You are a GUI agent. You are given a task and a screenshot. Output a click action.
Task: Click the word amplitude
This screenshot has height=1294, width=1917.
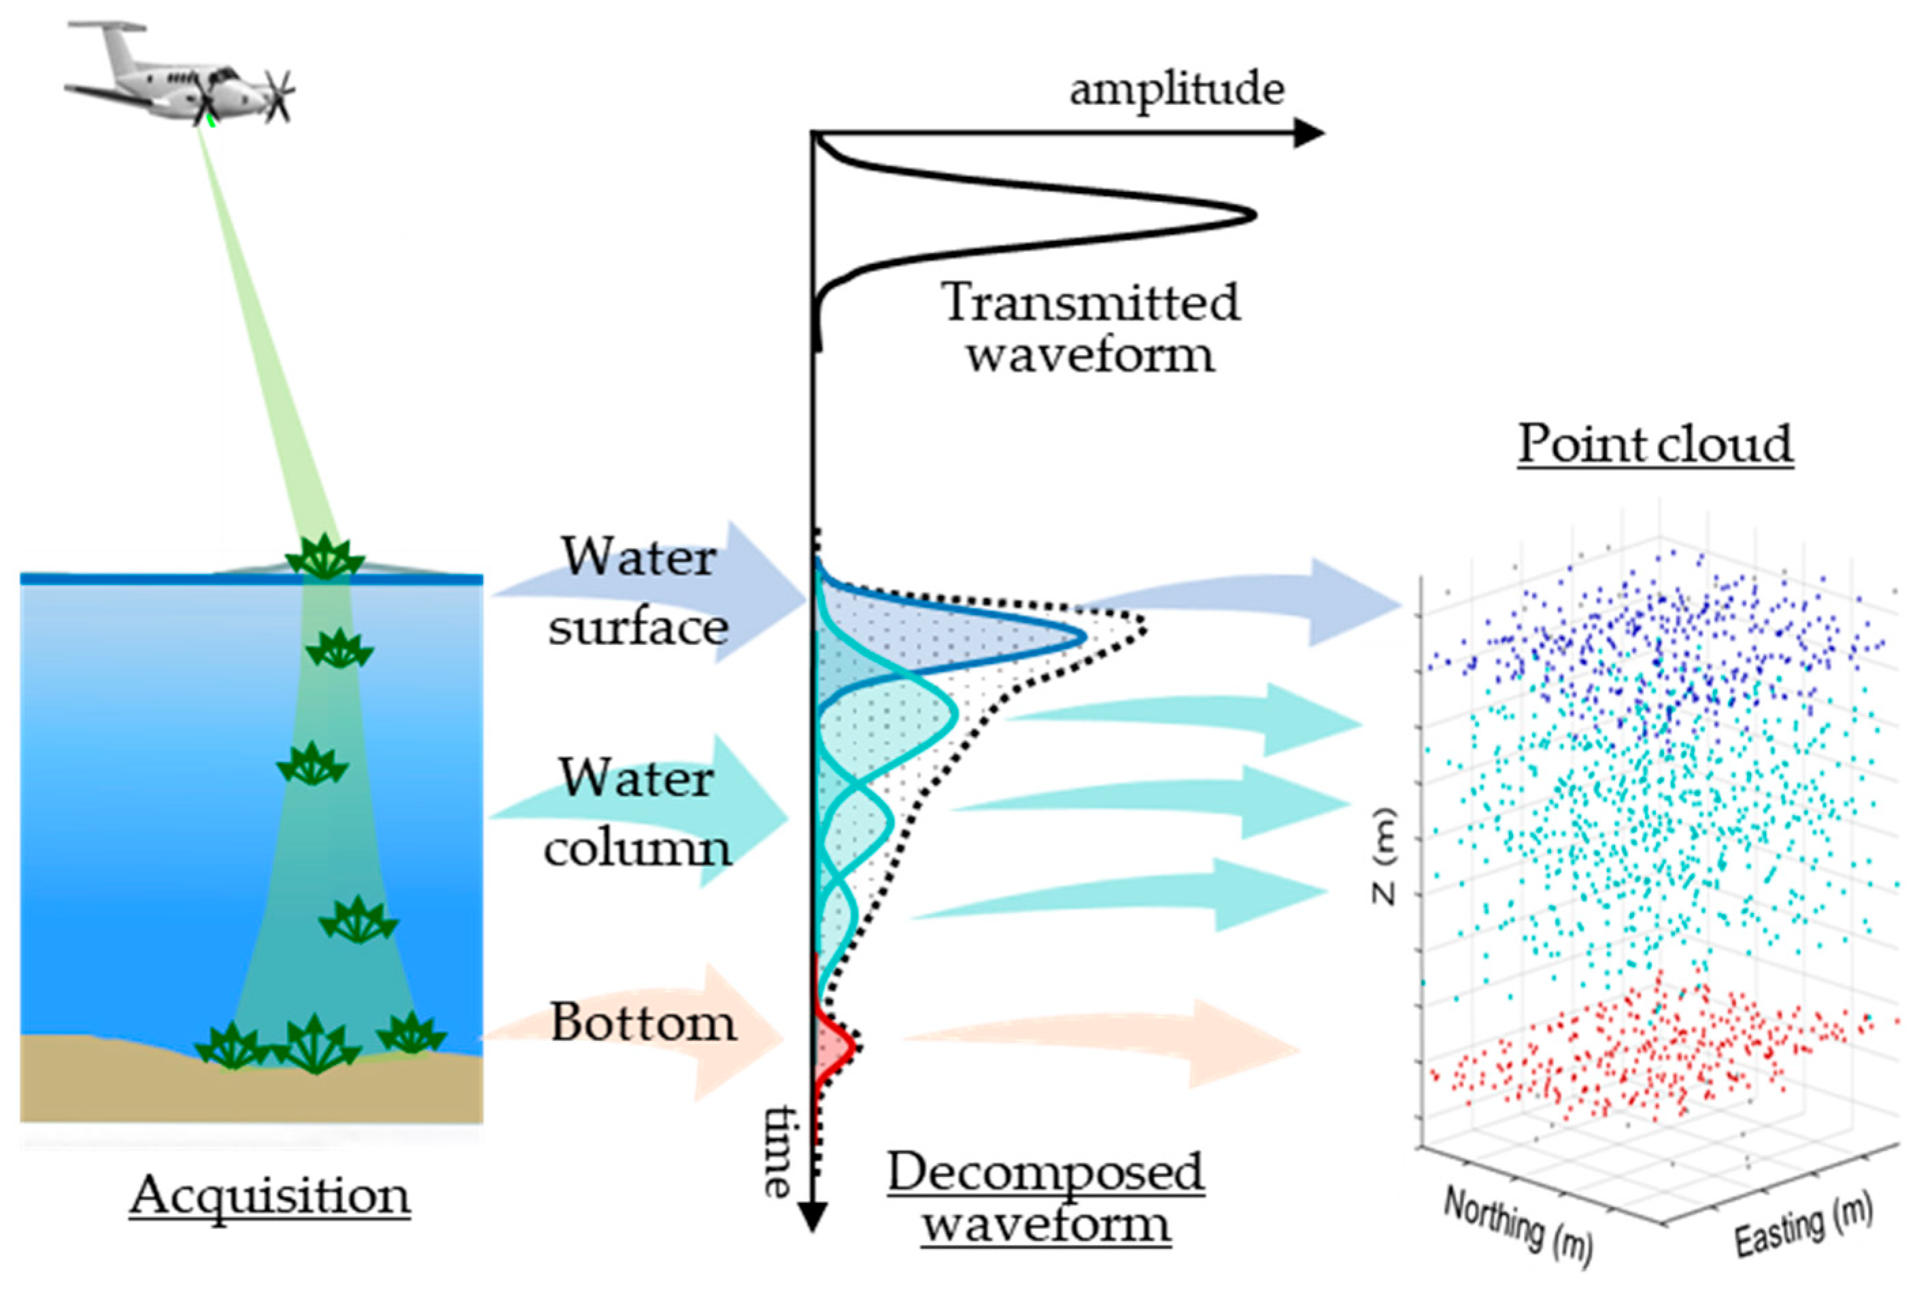click(x=1176, y=89)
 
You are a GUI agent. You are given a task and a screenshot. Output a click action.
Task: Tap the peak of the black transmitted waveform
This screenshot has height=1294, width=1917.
click(x=1252, y=216)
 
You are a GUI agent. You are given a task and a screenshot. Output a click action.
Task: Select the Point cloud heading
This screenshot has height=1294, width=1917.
click(x=1655, y=444)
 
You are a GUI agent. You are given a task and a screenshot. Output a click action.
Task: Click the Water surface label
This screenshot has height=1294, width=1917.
click(x=639, y=592)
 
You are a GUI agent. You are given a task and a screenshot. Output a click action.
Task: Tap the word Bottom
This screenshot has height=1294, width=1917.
click(x=643, y=1023)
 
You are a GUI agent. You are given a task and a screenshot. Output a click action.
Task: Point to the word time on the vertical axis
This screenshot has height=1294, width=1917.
click(x=777, y=1151)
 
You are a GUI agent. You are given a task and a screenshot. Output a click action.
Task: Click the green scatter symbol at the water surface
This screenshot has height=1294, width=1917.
click(x=324, y=557)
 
